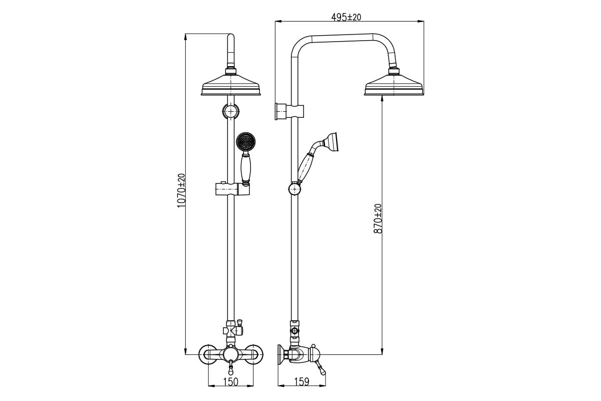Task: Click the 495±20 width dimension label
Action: (346, 17)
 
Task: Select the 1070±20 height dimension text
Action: (181, 190)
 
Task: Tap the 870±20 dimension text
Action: (378, 219)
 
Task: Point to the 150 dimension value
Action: (231, 381)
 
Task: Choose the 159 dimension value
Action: (302, 381)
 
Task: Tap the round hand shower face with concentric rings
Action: (245, 141)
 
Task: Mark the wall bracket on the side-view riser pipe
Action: (289, 111)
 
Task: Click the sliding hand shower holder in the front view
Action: (232, 189)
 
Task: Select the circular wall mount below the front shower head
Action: (231, 111)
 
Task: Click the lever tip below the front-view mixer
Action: (231, 372)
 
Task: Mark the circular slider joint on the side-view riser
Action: (294, 189)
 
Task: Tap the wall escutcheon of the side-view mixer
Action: (280, 354)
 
